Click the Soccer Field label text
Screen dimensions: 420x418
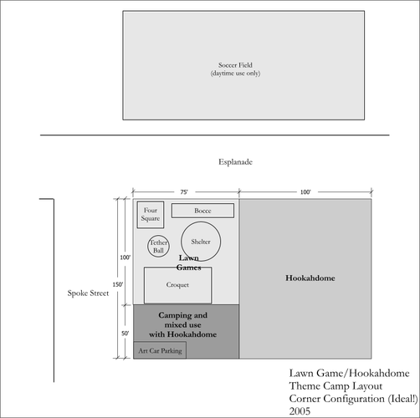pyautogui.click(x=235, y=65)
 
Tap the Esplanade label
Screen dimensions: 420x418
pyautogui.click(x=235, y=162)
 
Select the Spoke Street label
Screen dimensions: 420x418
pyautogui.click(x=88, y=293)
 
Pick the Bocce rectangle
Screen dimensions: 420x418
pyautogui.click(x=202, y=204)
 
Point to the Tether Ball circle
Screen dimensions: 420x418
pyautogui.click(x=147, y=246)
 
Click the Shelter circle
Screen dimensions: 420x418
pyautogui.click(x=181, y=242)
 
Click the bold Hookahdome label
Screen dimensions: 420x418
pyautogui.click(x=310, y=278)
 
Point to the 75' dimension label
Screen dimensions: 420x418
pyautogui.click(x=184, y=192)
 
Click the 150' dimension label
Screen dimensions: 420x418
pyautogui.click(x=118, y=284)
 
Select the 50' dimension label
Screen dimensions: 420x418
pyautogui.click(x=125, y=334)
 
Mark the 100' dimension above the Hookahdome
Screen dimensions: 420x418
pyautogui.click(x=305, y=192)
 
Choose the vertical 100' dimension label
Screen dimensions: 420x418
pyautogui.click(x=125, y=257)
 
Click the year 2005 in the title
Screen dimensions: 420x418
pyautogui.click(x=300, y=411)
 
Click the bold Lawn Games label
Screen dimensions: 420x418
pyautogui.click(x=189, y=263)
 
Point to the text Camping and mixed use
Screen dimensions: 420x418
pyautogui.click(x=183, y=320)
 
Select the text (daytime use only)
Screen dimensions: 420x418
pyautogui.click(x=235, y=74)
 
